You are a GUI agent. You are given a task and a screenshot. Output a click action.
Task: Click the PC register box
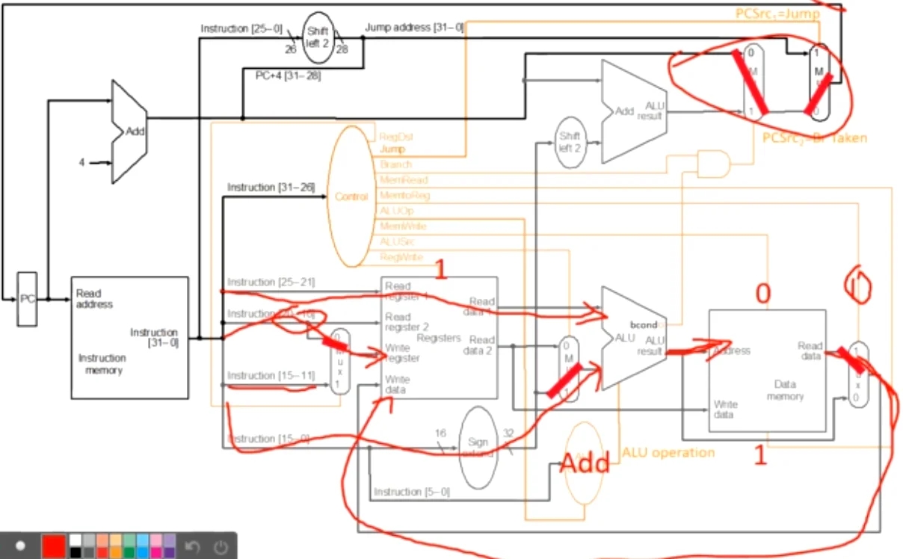pyautogui.click(x=27, y=299)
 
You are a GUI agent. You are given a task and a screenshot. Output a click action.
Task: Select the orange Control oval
pyautogui.click(x=351, y=197)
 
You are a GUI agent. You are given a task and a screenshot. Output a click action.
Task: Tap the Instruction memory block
pyautogui.click(x=129, y=337)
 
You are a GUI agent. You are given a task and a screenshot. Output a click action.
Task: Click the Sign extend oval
pyautogui.click(x=478, y=447)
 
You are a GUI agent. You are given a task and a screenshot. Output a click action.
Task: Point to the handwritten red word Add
pyautogui.click(x=585, y=463)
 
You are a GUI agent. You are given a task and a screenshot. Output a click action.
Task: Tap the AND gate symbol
pyautogui.click(x=712, y=163)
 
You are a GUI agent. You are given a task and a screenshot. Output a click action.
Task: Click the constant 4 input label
pyautogui.click(x=82, y=161)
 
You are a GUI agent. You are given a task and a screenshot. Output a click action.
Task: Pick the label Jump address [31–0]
pyautogui.click(x=414, y=28)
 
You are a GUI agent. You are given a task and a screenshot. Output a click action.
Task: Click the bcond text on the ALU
pyautogui.click(x=642, y=327)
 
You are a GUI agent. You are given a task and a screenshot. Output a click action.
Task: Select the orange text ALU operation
pyautogui.click(x=668, y=452)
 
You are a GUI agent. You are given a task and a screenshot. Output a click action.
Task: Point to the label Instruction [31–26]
pyautogui.click(x=271, y=186)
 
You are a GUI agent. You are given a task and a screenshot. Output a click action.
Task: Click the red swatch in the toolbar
pyautogui.click(x=53, y=546)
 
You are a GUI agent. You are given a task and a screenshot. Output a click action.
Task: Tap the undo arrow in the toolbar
pyautogui.click(x=192, y=546)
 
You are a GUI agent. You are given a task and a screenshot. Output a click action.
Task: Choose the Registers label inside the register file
pyautogui.click(x=439, y=339)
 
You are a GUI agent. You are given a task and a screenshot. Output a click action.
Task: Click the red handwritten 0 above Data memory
pyautogui.click(x=762, y=294)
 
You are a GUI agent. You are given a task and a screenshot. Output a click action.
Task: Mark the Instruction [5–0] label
pyautogui.click(x=412, y=492)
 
